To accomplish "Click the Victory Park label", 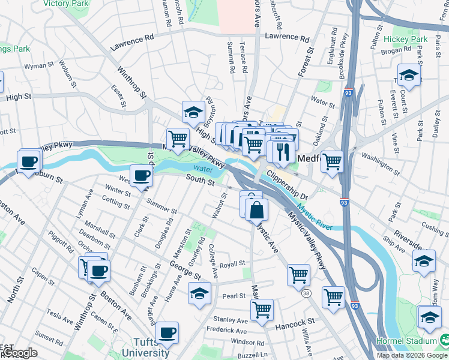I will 65,3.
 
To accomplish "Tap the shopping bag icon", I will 256,210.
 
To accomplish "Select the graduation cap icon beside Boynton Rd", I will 193,112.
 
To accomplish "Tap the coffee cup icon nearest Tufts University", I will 167,331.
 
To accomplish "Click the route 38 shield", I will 306,293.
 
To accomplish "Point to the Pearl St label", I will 234,296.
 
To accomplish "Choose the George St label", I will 184,269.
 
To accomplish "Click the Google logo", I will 19,353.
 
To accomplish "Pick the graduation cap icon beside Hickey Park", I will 409,74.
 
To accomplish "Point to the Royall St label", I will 232,263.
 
